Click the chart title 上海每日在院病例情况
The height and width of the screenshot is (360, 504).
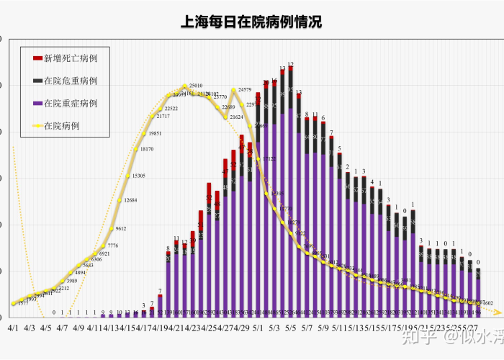coord(252,22)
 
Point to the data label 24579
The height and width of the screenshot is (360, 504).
coord(244,90)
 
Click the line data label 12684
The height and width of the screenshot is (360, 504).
coord(130,200)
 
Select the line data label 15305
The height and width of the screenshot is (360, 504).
coord(138,176)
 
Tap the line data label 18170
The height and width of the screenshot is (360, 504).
coord(146,149)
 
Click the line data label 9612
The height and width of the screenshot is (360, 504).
coord(120,228)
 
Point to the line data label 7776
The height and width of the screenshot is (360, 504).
coord(112,246)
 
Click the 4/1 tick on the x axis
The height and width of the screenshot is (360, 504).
coord(14,327)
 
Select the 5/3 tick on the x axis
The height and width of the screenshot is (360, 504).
coord(274,327)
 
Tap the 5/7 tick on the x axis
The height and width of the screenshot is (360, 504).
coord(307,327)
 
